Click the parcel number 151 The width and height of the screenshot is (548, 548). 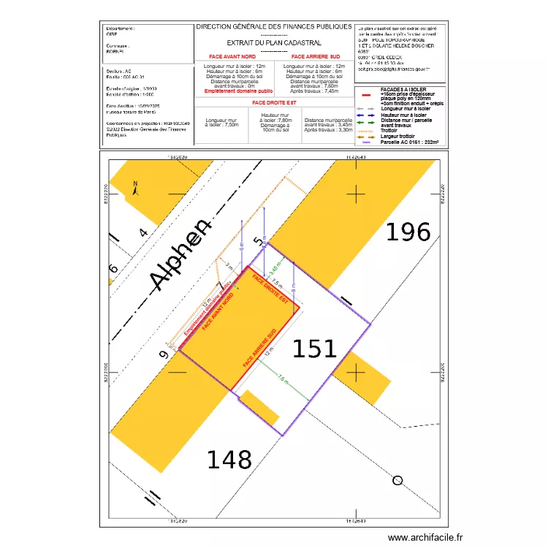pyautogui.click(x=315, y=349)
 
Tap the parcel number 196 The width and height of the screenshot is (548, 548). pyautogui.click(x=408, y=232)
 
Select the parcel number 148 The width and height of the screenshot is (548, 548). pyautogui.click(x=229, y=460)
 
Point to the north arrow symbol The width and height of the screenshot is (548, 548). pyautogui.click(x=135, y=189)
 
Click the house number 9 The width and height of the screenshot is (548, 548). pyautogui.click(x=164, y=355)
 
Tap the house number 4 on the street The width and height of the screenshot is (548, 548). pyautogui.click(x=144, y=233)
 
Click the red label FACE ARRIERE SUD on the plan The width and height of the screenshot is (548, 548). pyautogui.click(x=260, y=347)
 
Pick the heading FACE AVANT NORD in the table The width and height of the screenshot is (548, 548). pyautogui.click(x=232, y=56)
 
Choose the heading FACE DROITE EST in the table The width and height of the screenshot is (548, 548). pyautogui.click(x=274, y=103)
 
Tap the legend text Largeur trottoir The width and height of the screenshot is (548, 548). pyautogui.click(x=400, y=135)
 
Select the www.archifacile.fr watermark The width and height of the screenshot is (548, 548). pyautogui.click(x=425, y=538)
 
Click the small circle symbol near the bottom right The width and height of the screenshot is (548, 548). pyautogui.click(x=397, y=480)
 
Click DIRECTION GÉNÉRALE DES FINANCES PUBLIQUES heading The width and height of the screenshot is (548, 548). pyautogui.click(x=274, y=26)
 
